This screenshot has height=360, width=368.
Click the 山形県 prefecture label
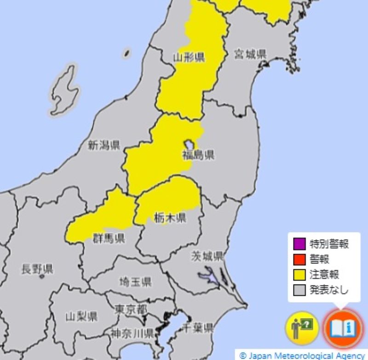point(189,58)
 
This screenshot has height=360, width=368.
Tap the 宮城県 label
point(250,54)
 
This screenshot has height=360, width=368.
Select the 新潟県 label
point(103,146)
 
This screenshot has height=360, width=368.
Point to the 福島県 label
point(198,155)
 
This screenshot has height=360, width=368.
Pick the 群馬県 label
point(109,238)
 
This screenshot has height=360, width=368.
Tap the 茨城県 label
point(207,256)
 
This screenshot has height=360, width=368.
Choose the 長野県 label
point(37,269)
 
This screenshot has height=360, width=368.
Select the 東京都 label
point(131,308)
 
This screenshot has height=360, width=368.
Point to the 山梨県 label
point(81,317)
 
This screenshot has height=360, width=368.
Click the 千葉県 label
point(198,328)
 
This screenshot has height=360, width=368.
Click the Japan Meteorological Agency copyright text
point(302,355)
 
